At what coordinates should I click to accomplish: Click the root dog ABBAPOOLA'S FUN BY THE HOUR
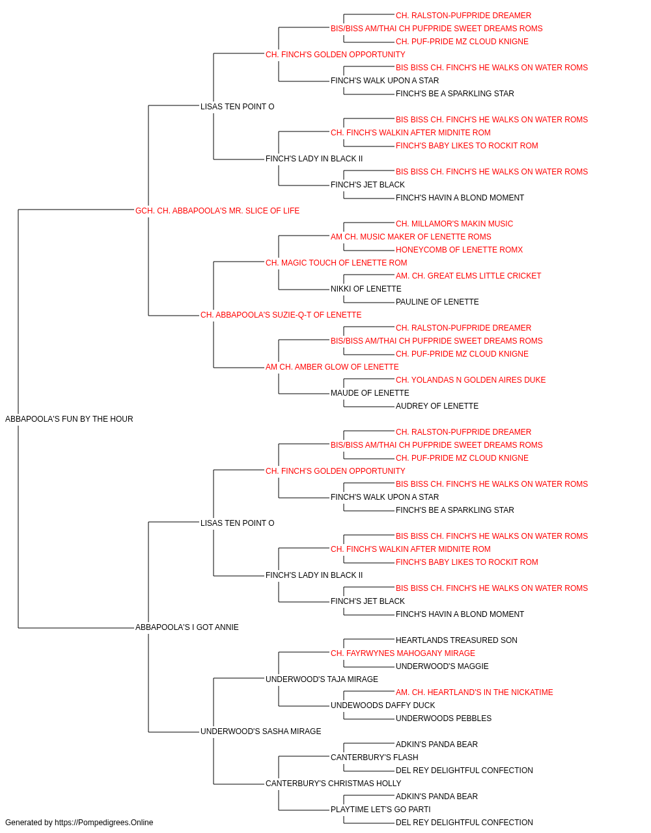tap(69, 419)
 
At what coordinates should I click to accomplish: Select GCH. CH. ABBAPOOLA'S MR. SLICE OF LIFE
tap(217, 211)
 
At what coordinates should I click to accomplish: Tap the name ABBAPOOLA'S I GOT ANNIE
tap(187, 627)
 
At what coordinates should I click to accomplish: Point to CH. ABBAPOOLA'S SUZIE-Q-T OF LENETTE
tap(281, 315)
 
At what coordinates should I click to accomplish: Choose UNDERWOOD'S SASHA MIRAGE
tap(260, 731)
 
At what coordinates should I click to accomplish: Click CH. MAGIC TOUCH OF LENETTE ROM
tap(336, 262)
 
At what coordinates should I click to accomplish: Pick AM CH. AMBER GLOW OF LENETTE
tap(332, 367)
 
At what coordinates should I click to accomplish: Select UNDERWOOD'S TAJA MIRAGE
tap(322, 679)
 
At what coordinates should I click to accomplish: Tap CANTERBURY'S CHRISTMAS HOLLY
tap(333, 784)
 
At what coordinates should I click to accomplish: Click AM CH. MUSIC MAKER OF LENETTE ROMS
tap(411, 236)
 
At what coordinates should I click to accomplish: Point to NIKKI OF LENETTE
tap(366, 289)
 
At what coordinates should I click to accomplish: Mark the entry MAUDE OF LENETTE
tap(370, 393)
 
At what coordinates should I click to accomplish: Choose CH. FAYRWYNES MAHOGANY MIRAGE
tap(403, 653)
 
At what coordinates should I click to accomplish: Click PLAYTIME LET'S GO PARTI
tap(381, 810)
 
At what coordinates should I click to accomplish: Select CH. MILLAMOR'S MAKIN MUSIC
tap(454, 223)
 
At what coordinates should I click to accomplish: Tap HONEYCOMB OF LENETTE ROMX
tap(460, 249)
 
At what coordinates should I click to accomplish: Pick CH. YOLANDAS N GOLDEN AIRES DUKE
tap(471, 380)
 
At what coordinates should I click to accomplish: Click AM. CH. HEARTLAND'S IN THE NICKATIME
tap(475, 692)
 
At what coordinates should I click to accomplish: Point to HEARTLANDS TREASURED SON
tap(456, 640)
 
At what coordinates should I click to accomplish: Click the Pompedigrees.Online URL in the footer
tap(104, 823)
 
